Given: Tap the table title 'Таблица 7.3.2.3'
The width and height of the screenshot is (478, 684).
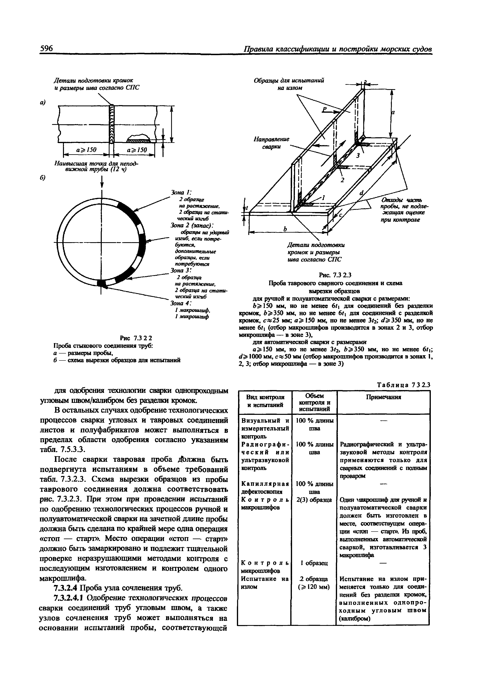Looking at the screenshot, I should pyautogui.click(x=403, y=385).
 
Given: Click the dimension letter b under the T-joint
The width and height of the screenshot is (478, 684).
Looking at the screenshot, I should pyautogui.click(x=285, y=229).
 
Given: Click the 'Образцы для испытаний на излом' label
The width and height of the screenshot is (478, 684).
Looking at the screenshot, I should pyautogui.click(x=288, y=84).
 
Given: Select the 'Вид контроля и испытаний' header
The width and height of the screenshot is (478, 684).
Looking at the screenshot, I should pyautogui.click(x=265, y=401).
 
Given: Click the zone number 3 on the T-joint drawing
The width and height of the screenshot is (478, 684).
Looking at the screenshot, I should pyautogui.click(x=358, y=155).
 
